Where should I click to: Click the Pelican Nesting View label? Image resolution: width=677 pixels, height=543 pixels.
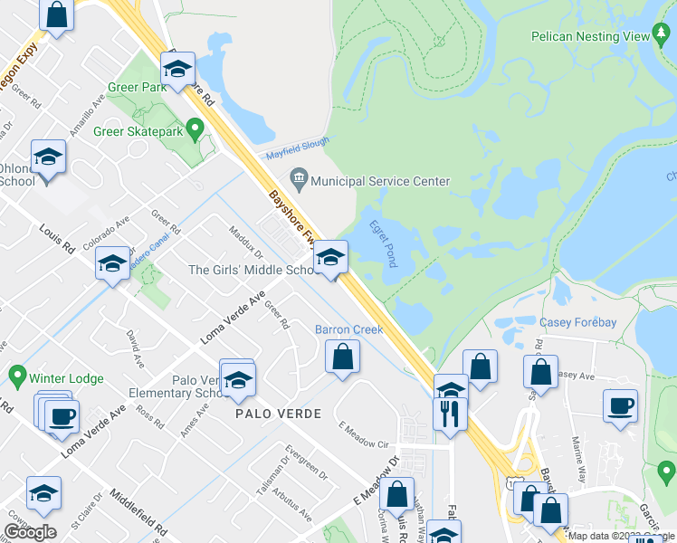pyautogui.click(x=589, y=35)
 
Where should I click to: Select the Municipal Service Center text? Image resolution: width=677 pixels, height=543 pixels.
pyautogui.click(x=380, y=181)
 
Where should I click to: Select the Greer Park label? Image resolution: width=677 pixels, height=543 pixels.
pyautogui.click(x=136, y=88)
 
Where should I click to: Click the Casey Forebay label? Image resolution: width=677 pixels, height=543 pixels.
pyautogui.click(x=577, y=323)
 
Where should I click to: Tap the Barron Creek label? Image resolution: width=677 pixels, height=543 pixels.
pyautogui.click(x=348, y=329)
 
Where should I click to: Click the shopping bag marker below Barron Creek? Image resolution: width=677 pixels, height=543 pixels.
pyautogui.click(x=343, y=357)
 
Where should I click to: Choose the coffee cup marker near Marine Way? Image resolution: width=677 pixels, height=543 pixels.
pyautogui.click(x=621, y=405)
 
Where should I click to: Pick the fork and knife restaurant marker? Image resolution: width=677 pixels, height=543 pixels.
pyautogui.click(x=451, y=414)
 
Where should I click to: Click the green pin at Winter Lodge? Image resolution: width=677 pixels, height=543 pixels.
pyautogui.click(x=16, y=374)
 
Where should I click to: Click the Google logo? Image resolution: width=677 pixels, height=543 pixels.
pyautogui.click(x=30, y=532)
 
